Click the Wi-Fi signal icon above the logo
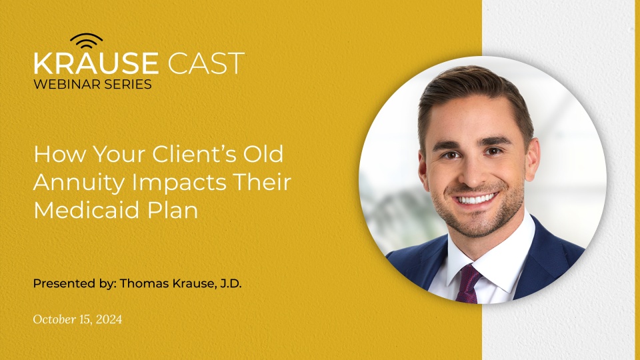[86, 41]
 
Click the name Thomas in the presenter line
[143, 283]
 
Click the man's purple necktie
[469, 283]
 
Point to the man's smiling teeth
[477, 199]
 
